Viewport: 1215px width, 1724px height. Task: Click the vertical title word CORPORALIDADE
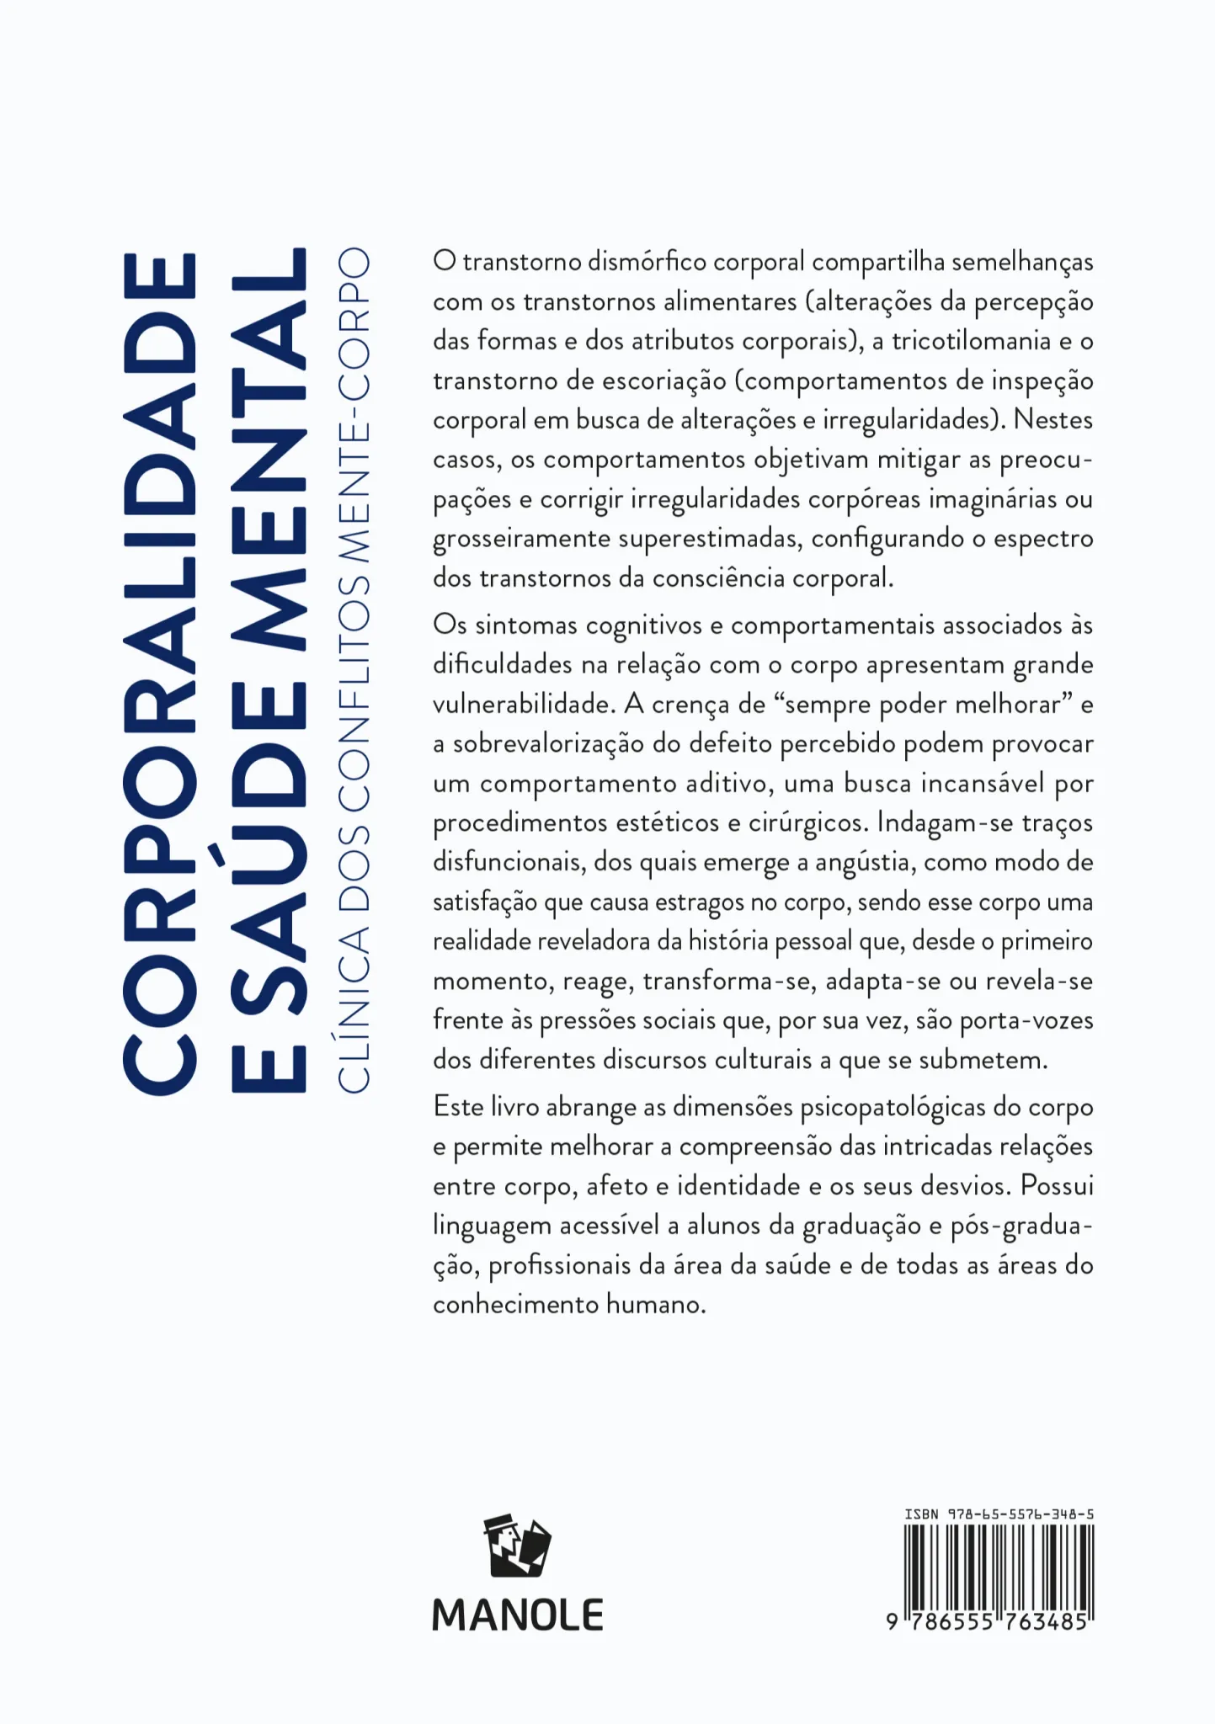[x=160, y=673]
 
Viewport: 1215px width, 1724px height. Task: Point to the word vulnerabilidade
[x=522, y=705]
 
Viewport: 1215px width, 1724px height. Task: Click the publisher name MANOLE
[x=517, y=1615]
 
